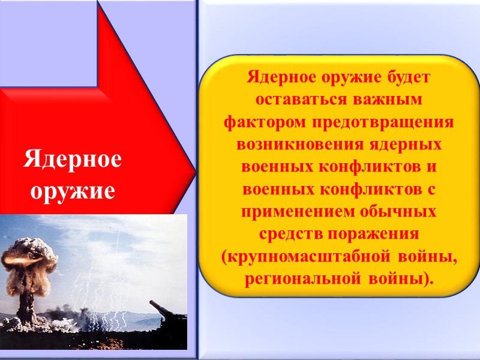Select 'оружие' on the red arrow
72,190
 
